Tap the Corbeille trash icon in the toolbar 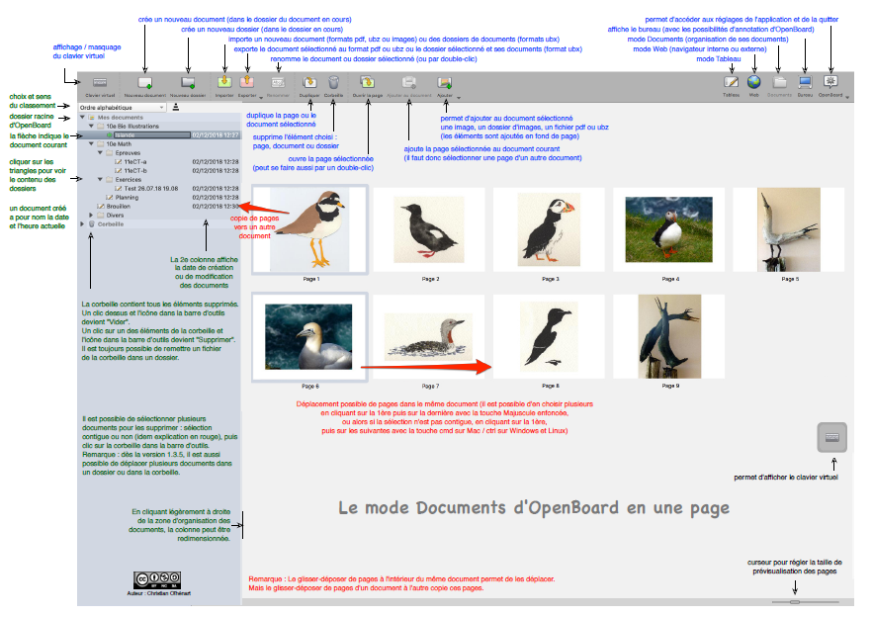[x=334, y=85]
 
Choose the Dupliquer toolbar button [x=308, y=85]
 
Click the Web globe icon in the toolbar [x=754, y=85]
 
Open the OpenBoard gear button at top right [x=830, y=85]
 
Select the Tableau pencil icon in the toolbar [x=731, y=85]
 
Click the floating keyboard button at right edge [x=832, y=437]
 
